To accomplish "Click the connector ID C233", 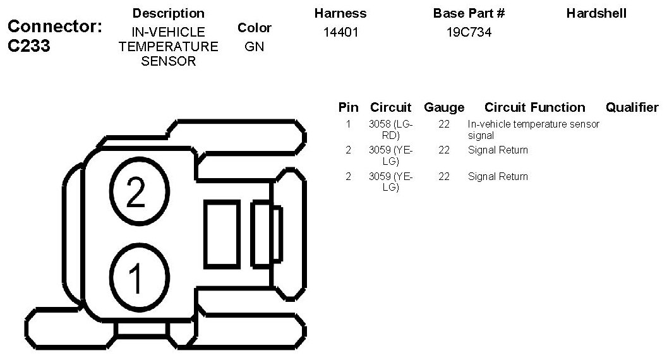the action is coord(29,45).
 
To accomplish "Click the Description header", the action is coord(169,13).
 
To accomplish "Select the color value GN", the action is coord(255,46).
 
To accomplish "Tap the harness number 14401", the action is coord(340,32).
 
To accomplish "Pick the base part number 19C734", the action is coord(469,32).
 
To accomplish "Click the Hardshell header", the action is coord(596,13).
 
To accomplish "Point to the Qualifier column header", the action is coord(632,107).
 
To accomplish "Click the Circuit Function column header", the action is coord(535,107).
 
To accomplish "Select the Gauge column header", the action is coord(444,107).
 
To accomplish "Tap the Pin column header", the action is coord(349,107).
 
